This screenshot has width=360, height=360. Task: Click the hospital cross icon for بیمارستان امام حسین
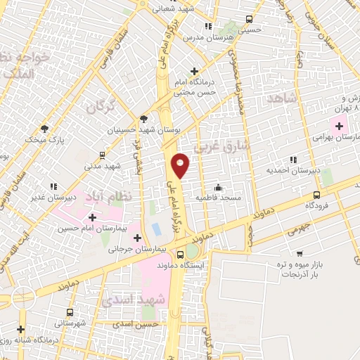tap(92, 217)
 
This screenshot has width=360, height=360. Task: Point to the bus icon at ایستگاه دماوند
tap(181, 255)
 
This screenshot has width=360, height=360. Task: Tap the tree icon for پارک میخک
tap(44, 129)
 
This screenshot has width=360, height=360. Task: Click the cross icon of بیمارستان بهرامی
tap(340, 127)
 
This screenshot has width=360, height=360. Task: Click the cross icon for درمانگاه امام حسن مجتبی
tap(195, 71)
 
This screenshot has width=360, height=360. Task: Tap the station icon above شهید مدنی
tap(103, 155)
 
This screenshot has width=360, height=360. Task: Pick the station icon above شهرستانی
tap(70, 311)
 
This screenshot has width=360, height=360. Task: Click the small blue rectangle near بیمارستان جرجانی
tap(155, 230)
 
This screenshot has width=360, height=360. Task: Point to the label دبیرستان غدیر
tap(35, 198)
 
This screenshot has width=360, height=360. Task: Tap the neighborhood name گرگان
tap(101, 108)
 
